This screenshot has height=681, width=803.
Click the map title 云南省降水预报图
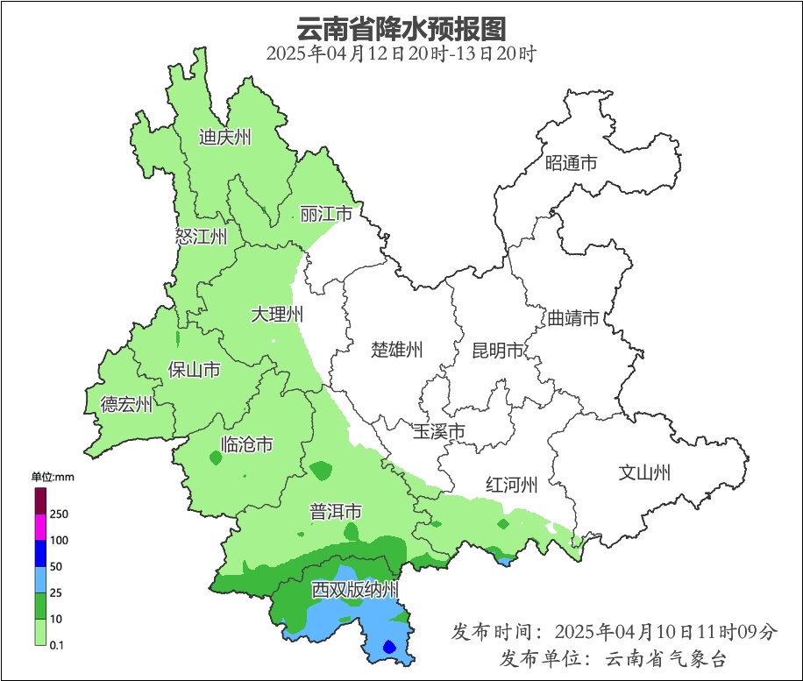pyautogui.click(x=401, y=28)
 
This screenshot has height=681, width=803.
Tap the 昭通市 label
pyautogui.click(x=571, y=163)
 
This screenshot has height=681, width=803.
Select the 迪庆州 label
pyautogui.click(x=225, y=138)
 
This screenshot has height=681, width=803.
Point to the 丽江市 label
pyautogui.click(x=326, y=215)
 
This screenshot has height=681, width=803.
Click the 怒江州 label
pyautogui.click(x=202, y=237)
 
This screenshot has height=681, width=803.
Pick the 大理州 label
pyautogui.click(x=277, y=314)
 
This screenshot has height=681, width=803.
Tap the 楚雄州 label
pyautogui.click(x=397, y=351)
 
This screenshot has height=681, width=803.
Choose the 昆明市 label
pyautogui.click(x=498, y=351)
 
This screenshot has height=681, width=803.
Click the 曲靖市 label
pyautogui.click(x=573, y=317)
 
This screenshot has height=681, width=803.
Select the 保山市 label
pyautogui.click(x=194, y=370)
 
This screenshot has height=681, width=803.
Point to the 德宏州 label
pyautogui.click(x=127, y=404)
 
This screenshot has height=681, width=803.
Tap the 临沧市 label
pyautogui.click(x=246, y=444)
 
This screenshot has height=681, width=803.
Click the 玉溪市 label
pyautogui.click(x=438, y=431)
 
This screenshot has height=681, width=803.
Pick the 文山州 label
pyautogui.click(x=645, y=473)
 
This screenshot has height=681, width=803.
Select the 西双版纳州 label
pyautogui.click(x=356, y=590)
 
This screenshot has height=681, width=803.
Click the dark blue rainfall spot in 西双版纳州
pyautogui.click(x=390, y=648)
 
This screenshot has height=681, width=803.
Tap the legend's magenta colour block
pyautogui.click(x=40, y=527)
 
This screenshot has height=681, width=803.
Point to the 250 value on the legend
pyautogui.click(x=60, y=514)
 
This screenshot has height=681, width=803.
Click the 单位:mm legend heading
pyautogui.click(x=53, y=477)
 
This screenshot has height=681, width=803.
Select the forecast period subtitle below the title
pyautogui.click(x=401, y=53)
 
